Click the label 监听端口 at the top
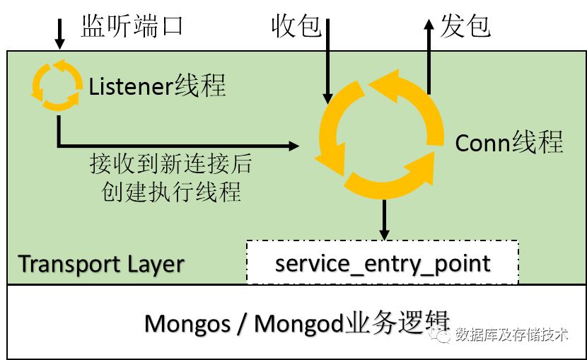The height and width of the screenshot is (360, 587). point(132,28)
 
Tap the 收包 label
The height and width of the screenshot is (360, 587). point(296,28)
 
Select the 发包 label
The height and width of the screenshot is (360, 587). point(465,28)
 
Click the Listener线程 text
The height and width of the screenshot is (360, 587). point(157,86)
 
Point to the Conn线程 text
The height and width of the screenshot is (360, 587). point(508,144)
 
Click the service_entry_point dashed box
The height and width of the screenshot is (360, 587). point(382,263)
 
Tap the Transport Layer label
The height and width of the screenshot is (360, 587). point(101,264)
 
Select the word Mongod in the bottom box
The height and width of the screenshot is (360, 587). point(298,323)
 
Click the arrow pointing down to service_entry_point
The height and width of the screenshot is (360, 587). point(383,219)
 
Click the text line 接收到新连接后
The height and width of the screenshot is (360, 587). point(170,164)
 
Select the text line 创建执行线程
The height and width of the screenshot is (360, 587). point(170,192)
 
